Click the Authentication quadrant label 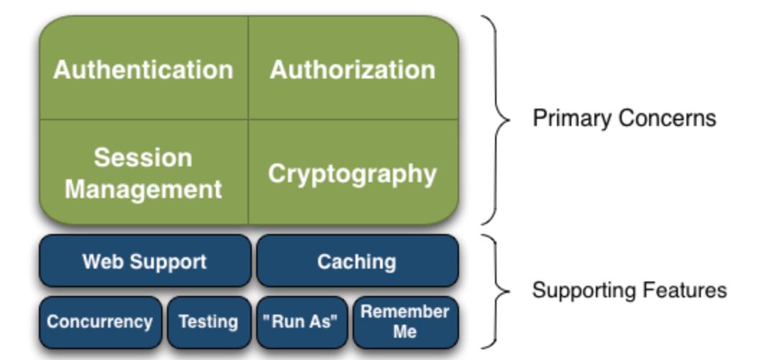coord(143,70)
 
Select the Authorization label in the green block coord(353,70)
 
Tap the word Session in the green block coord(143,158)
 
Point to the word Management coord(143,189)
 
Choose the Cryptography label coord(353,174)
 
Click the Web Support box coord(145,261)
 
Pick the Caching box coord(357,261)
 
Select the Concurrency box coord(101,323)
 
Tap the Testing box coord(209,323)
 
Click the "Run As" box coord(302,323)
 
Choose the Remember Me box coord(406,323)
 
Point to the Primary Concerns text coord(624,118)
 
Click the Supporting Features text coord(630,290)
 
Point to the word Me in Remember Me coord(404,332)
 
